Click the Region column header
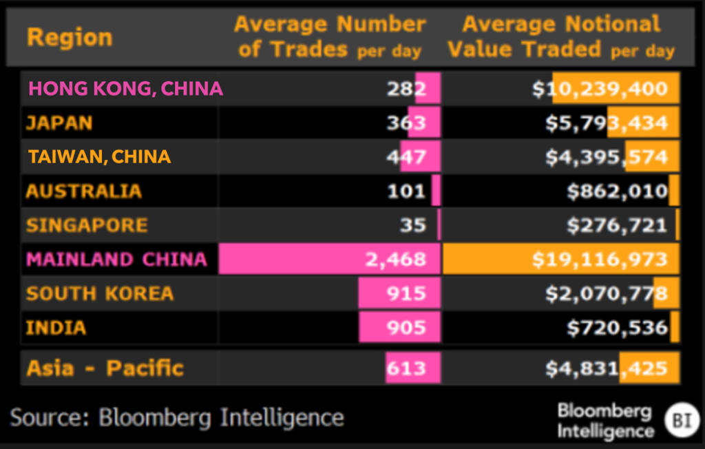(69, 36)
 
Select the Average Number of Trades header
(330, 36)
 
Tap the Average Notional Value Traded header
(560, 36)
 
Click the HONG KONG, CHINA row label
(125, 88)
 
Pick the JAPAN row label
(59, 123)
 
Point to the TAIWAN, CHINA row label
(99, 156)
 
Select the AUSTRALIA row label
(83, 191)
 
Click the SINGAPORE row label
(87, 225)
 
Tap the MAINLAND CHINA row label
(116, 259)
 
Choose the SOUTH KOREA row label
(100, 293)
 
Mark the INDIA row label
(56, 328)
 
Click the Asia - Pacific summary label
(105, 368)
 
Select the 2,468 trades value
(398, 260)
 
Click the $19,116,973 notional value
(600, 260)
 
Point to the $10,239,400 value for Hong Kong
(600, 88)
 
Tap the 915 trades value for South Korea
(406, 293)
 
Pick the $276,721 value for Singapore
(617, 225)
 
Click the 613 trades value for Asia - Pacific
(406, 368)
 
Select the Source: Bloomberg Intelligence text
(176, 417)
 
